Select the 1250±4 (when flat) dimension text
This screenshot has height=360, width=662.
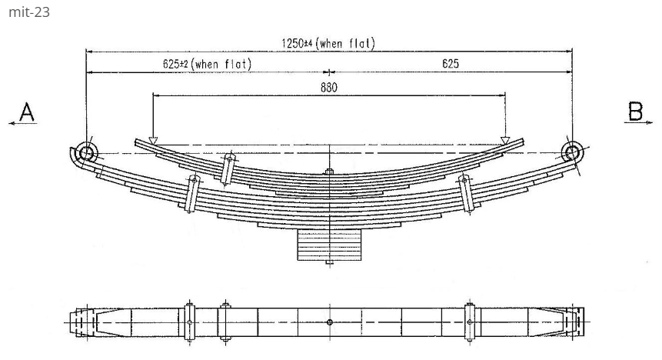pos(328,44)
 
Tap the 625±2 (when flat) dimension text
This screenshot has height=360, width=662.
pos(207,64)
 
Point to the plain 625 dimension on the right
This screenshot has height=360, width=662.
pos(451,64)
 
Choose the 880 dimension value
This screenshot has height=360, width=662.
pos(328,87)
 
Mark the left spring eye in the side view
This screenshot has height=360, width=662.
pos(86,153)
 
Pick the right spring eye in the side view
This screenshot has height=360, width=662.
pos(571,151)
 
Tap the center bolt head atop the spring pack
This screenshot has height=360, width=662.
pos(329,172)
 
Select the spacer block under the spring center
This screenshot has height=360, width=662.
pos(329,245)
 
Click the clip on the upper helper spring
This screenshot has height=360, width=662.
pos(228,169)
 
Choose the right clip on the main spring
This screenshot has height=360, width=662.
pos(465,193)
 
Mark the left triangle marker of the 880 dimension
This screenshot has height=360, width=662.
pos(153,141)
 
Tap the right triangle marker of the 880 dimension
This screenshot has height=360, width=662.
pos(505,141)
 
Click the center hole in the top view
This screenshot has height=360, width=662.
pos(329,322)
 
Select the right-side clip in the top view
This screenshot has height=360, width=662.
pos(469,322)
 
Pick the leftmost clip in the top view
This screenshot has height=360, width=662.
pos(189,322)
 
